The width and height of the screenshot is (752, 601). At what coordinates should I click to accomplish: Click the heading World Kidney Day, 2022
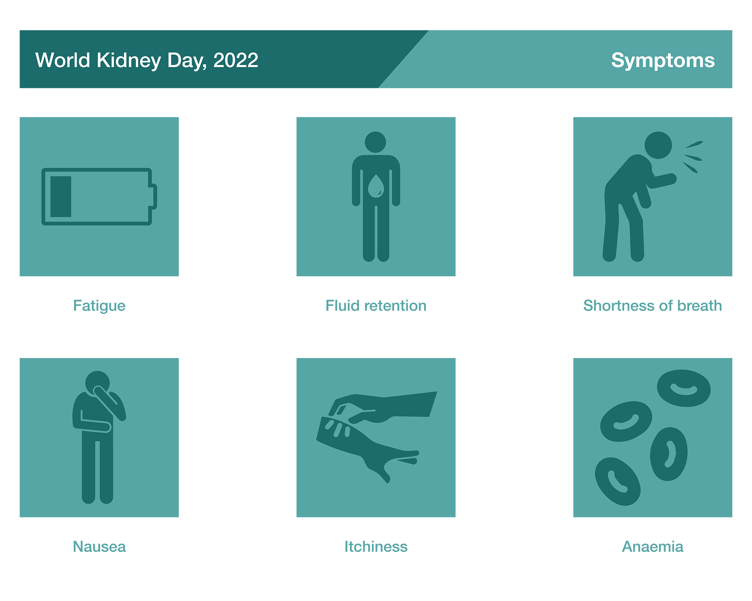pos(147,61)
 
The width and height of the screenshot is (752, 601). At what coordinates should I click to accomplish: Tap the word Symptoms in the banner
pos(663,61)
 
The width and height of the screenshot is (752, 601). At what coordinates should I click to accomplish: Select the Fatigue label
pos(99,306)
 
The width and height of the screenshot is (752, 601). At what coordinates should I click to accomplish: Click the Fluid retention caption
pos(376,306)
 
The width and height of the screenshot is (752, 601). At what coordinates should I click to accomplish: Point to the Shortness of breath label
pos(652,306)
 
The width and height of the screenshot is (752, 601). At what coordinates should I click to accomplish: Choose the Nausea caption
pos(99,546)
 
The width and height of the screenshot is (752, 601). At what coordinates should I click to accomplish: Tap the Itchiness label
pos(376,546)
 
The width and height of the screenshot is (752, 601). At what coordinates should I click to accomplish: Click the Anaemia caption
pos(653,546)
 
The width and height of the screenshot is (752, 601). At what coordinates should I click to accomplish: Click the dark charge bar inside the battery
pos(61,197)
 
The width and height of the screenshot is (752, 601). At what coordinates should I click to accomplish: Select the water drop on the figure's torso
pos(376,186)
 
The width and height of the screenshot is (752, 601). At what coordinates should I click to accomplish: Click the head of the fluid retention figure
pos(375,142)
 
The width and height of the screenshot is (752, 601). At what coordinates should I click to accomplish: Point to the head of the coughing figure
pos(658,145)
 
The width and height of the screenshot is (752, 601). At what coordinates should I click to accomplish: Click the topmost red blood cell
pos(684,388)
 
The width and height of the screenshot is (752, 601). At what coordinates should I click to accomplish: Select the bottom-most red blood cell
pos(617,481)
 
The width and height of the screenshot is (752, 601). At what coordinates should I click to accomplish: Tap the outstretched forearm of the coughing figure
pos(663,181)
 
